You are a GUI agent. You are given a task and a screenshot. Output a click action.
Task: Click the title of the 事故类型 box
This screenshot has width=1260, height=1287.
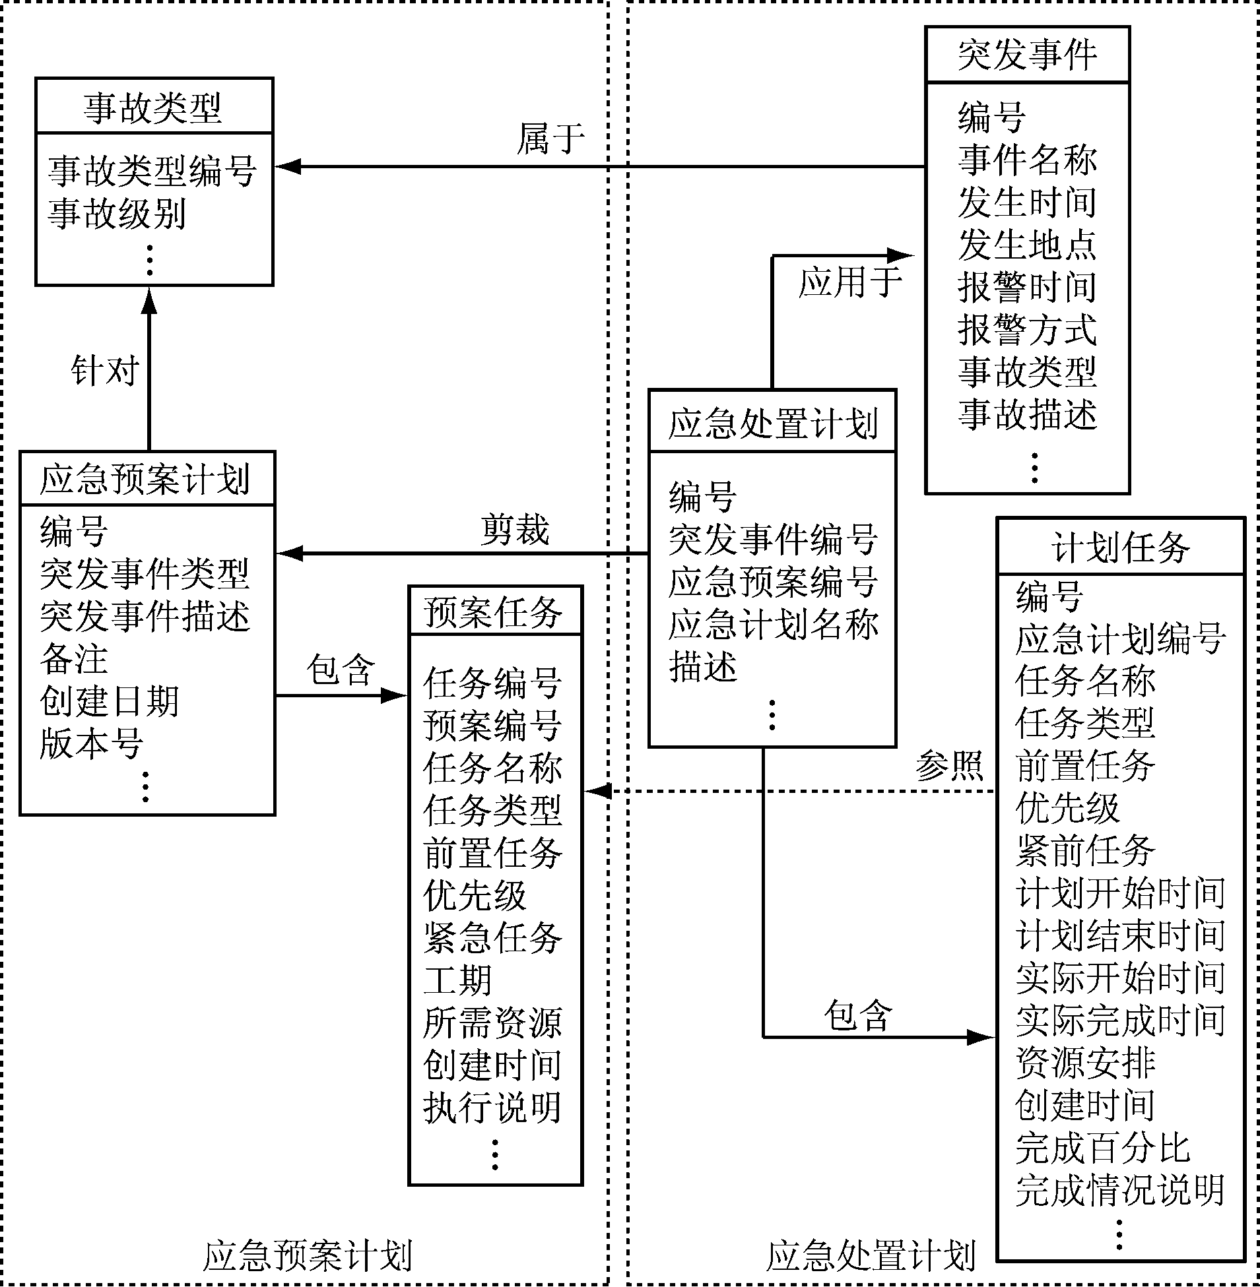click(153, 107)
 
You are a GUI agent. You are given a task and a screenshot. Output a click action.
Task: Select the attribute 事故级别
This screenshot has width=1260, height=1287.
click(116, 213)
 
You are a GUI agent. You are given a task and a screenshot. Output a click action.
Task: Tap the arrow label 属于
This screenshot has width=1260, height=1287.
click(550, 139)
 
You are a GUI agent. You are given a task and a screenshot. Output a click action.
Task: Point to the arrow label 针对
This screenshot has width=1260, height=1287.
click(104, 370)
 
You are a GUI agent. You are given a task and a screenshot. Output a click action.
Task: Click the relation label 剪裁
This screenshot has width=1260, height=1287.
click(515, 530)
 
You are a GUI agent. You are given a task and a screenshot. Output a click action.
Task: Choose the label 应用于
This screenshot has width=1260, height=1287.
click(849, 282)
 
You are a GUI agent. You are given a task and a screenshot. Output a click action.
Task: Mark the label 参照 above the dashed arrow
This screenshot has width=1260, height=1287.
click(948, 766)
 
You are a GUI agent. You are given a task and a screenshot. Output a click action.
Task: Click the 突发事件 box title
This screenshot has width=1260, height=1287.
click(1027, 54)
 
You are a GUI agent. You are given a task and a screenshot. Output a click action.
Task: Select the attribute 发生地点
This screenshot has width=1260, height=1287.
click(1027, 245)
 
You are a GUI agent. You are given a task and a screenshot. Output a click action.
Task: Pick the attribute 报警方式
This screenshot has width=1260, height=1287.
click(1027, 329)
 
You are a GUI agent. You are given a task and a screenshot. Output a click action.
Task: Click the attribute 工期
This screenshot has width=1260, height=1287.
click(457, 980)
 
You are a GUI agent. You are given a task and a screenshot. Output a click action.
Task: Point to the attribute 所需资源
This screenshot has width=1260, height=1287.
click(493, 1022)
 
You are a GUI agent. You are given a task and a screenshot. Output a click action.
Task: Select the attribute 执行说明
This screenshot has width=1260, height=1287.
click(493, 1108)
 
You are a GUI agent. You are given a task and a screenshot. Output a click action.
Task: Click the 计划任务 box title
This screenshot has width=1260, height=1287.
click(1120, 548)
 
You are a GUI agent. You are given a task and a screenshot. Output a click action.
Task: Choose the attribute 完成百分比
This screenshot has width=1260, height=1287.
click(1102, 1148)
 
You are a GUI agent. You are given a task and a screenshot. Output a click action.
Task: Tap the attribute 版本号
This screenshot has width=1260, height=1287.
click(91, 743)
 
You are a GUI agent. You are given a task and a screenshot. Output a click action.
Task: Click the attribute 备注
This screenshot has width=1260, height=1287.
click(73, 659)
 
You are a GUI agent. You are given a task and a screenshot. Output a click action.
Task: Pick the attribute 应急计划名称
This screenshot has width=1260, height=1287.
click(773, 624)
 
